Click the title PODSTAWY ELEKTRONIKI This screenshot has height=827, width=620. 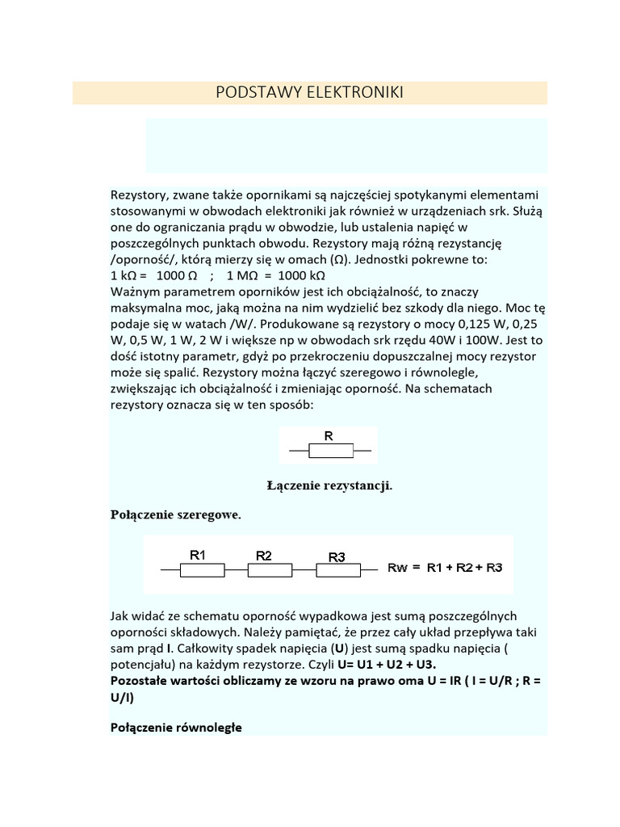pos(309,93)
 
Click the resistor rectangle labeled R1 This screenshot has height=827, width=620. pos(201,570)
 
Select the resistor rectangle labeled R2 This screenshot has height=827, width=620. pos(269,570)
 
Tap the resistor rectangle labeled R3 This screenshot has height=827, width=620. pos(337,570)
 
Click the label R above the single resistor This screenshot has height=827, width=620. pos(329,436)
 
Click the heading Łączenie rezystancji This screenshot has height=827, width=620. pos(329,485)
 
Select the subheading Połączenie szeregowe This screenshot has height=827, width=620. pos(175,514)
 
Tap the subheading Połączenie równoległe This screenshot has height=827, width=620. pos(176,727)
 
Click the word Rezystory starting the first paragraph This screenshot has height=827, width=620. pos(136,195)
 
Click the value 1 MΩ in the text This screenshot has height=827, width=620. pos(242,275)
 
